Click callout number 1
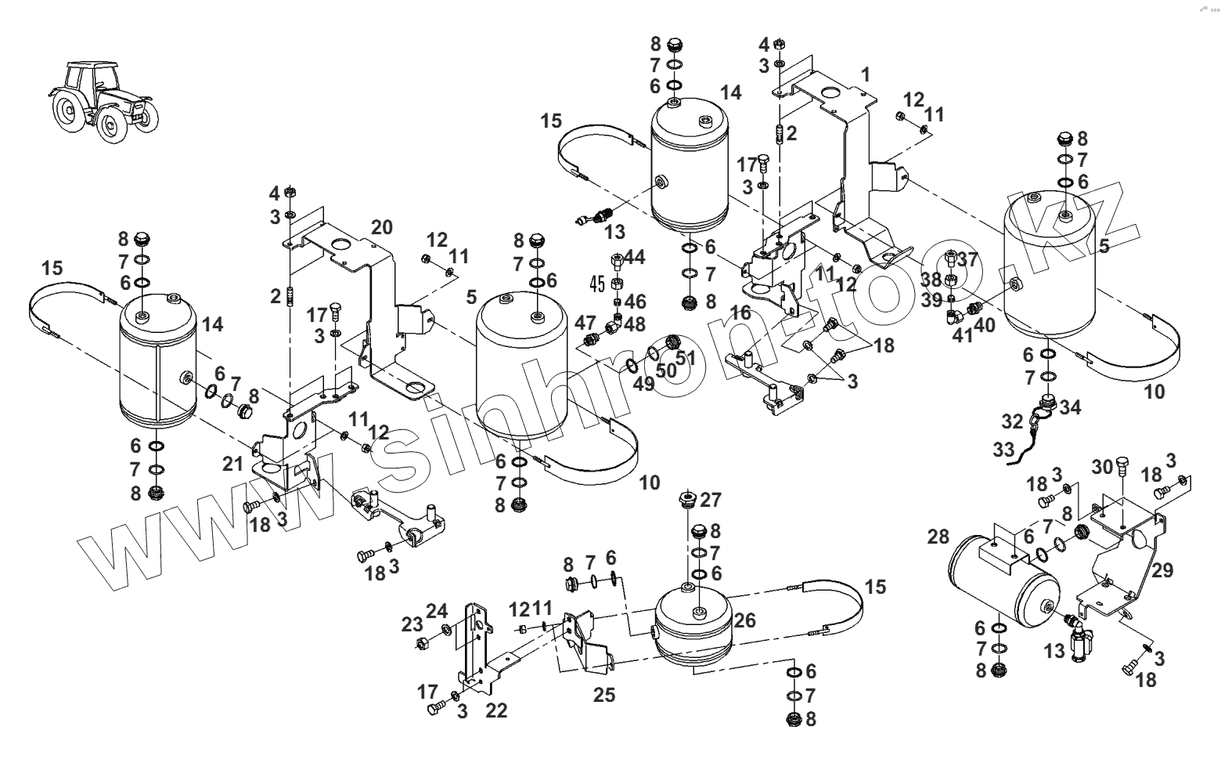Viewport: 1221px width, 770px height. [x=865, y=74]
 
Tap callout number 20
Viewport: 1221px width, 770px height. [x=381, y=228]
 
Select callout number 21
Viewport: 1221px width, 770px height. [x=232, y=464]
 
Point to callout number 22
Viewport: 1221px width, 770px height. [x=496, y=710]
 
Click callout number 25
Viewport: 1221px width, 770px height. [x=604, y=694]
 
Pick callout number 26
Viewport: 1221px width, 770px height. [x=744, y=620]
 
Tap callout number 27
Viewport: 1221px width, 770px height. [x=711, y=500]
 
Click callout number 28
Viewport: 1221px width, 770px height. [x=938, y=537]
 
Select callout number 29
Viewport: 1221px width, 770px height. [x=1162, y=570]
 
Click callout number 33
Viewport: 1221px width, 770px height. [x=1003, y=450]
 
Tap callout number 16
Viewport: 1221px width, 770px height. [x=740, y=313]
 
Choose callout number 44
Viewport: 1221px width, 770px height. [x=635, y=257]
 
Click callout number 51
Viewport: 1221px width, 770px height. [x=686, y=358]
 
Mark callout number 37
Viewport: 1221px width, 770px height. [x=968, y=259]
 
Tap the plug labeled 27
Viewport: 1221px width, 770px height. [x=689, y=499]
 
